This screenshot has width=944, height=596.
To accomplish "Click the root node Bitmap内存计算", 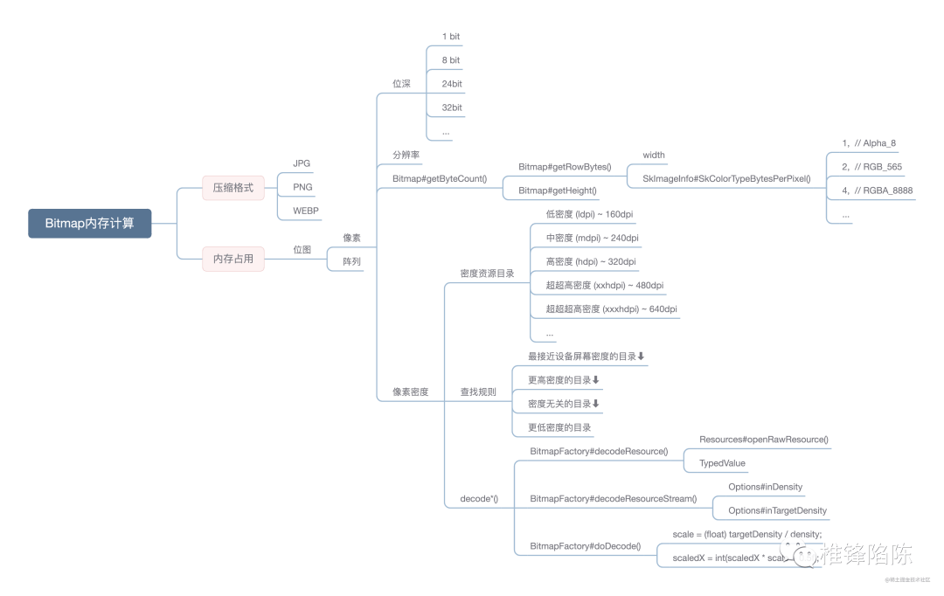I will pyautogui.click(x=89, y=223).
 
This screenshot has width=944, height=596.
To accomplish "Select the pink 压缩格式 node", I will pyautogui.click(x=233, y=187).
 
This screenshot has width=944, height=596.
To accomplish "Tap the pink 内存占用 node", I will pyautogui.click(x=233, y=259).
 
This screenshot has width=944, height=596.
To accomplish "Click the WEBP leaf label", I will pyautogui.click(x=306, y=211).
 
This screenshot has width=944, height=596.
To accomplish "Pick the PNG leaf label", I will pyautogui.click(x=302, y=187).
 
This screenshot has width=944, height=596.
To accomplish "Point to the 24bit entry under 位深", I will pyautogui.click(x=452, y=84).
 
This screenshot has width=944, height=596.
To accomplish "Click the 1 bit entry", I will pyautogui.click(x=451, y=37).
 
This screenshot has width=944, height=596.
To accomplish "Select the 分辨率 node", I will pyautogui.click(x=406, y=155).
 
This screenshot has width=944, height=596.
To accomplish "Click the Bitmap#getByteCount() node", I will pyautogui.click(x=440, y=178).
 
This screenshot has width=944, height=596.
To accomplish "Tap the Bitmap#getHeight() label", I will pyautogui.click(x=558, y=191).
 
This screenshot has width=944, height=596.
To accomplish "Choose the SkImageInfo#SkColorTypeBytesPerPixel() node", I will pyautogui.click(x=726, y=178).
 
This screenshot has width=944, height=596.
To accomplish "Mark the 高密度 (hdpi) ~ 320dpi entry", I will pyautogui.click(x=591, y=261).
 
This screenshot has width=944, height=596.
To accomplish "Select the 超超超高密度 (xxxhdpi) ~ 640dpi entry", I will pyautogui.click(x=611, y=308).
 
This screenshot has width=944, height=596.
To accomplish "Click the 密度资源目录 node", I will pyautogui.click(x=487, y=274).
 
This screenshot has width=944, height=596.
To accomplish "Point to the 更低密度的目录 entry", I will pyautogui.click(x=560, y=427).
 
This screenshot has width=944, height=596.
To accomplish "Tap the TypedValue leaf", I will pyautogui.click(x=722, y=463).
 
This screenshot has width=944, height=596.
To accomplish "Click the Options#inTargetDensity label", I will pyautogui.click(x=777, y=510).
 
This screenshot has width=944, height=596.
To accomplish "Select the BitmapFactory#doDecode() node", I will pyautogui.click(x=585, y=546).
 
